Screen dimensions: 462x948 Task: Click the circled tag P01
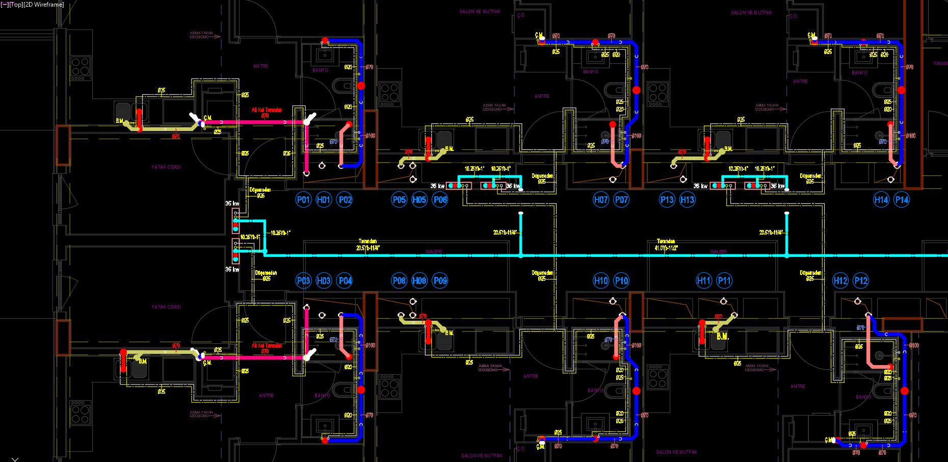[x=303, y=199]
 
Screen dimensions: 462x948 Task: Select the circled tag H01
[x=324, y=199]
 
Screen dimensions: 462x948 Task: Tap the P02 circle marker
[x=345, y=199]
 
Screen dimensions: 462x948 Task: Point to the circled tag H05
[x=419, y=199]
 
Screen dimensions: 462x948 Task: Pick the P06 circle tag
[x=440, y=199]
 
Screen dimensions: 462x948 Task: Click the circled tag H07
[x=601, y=199]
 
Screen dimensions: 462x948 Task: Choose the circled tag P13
[x=667, y=199]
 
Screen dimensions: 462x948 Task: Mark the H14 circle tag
[x=881, y=199]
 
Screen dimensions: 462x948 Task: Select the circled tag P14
[x=902, y=199]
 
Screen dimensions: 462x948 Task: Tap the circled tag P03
[x=303, y=280]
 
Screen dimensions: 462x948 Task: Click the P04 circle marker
[x=345, y=280]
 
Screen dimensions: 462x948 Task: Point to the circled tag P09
[x=440, y=280]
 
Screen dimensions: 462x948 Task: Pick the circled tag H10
[x=601, y=280]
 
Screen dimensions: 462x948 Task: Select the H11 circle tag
[x=704, y=280]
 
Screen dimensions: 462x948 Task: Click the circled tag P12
[x=861, y=280]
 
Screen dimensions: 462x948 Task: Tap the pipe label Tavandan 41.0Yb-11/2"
[x=666, y=245]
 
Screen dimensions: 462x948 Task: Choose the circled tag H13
[x=687, y=199]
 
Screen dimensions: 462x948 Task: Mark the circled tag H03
[x=324, y=280]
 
